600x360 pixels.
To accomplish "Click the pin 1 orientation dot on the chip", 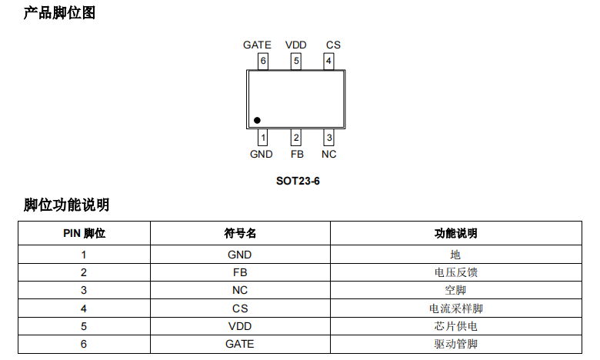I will [257, 120].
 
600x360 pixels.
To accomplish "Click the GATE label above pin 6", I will [257, 45].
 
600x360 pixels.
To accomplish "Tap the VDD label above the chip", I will [295, 45].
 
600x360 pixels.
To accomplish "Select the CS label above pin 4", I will [332, 45].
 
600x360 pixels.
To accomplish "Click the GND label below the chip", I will [262, 154].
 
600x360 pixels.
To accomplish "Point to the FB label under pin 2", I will [297, 154].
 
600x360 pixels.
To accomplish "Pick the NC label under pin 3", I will [328, 154].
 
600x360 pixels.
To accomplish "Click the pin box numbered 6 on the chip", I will [263, 61].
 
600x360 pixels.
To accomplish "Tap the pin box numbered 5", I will [296, 61].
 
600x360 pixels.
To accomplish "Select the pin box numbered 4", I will [328, 61].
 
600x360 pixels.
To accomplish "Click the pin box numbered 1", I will [263, 138].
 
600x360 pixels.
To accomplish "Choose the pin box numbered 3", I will [328, 138].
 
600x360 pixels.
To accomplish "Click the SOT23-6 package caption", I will [298, 182].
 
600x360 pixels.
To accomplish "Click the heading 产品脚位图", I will [59, 13].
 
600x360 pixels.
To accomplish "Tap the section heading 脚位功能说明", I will [66, 205].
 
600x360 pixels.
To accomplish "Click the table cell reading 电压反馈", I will [455, 272].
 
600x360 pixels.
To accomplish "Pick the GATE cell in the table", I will [239, 344].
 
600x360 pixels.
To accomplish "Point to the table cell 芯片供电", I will [455, 326].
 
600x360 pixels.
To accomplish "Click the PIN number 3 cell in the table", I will [84, 290].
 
